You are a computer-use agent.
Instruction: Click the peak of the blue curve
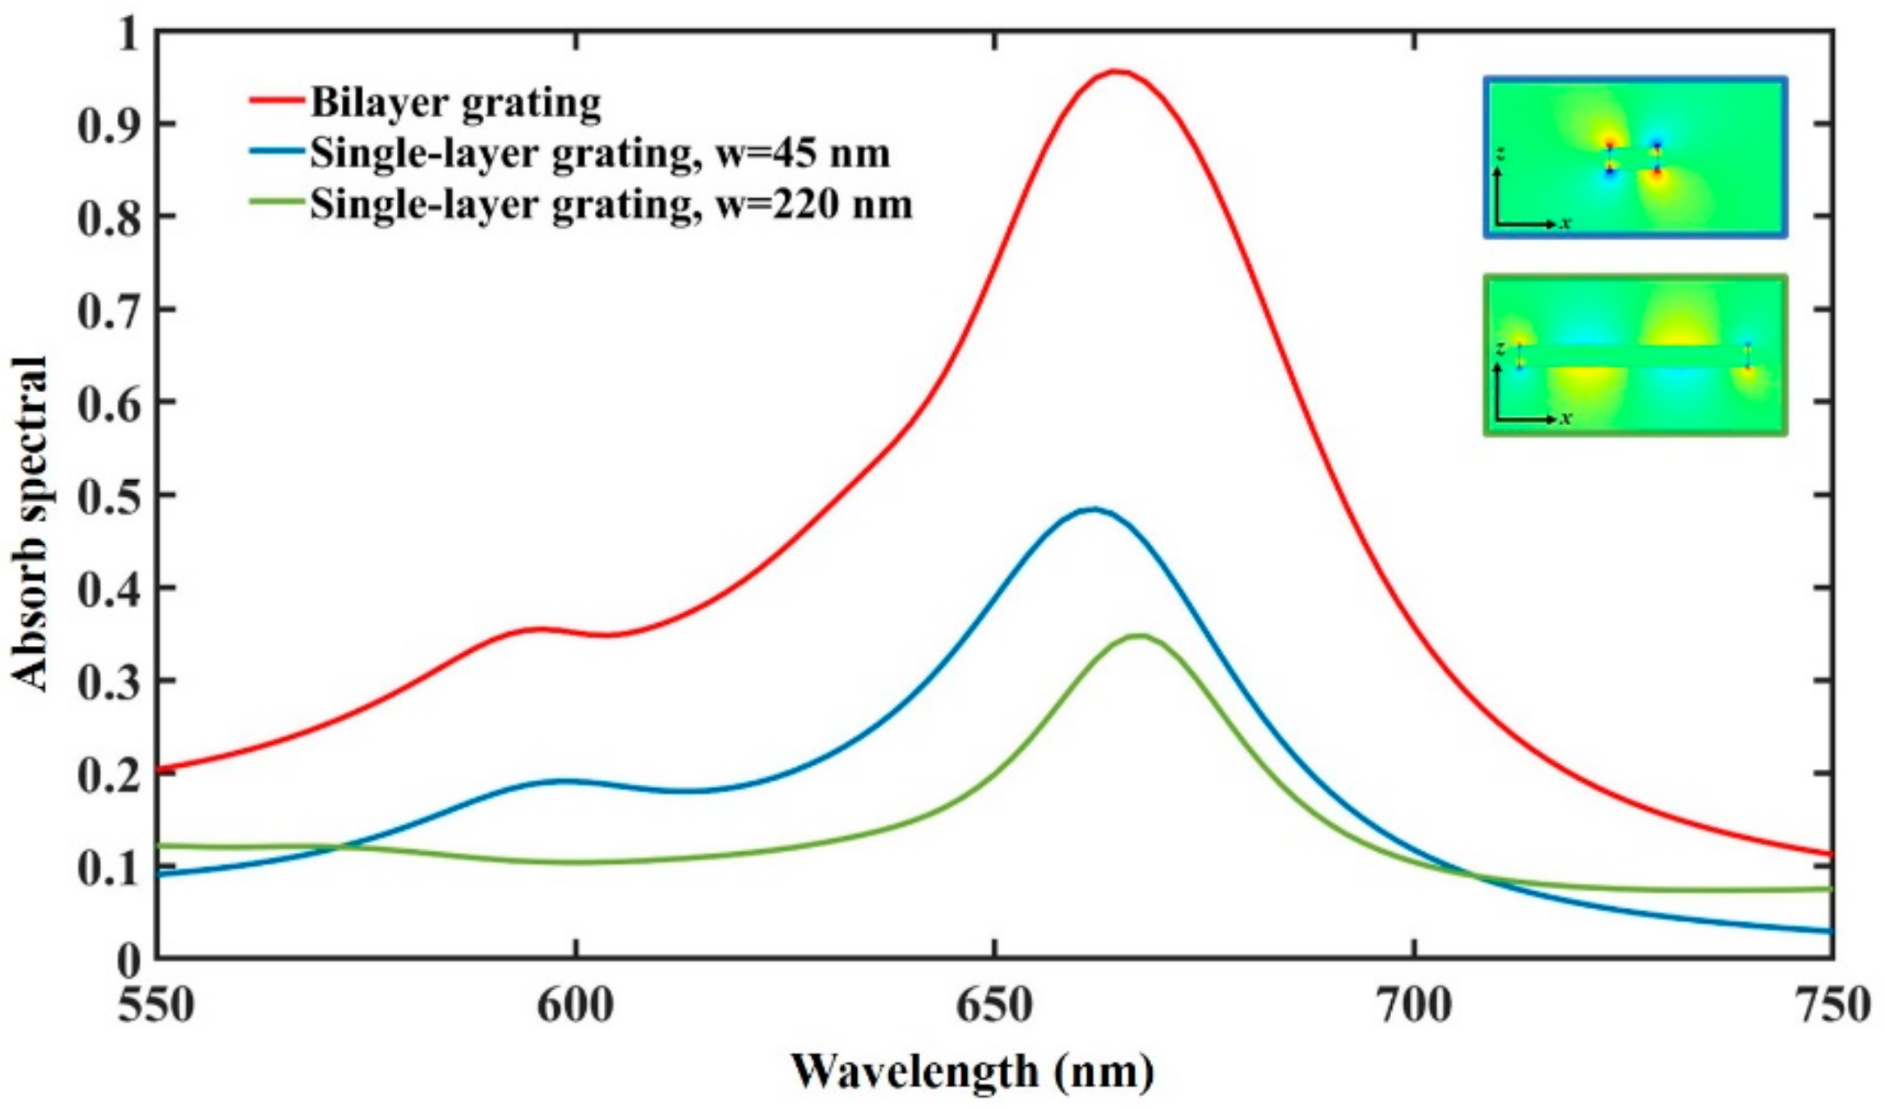[x=1093, y=509]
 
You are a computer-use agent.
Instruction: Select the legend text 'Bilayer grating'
[x=455, y=103]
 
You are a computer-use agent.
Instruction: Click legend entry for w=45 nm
[x=599, y=154]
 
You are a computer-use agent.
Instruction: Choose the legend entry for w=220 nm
[x=610, y=205]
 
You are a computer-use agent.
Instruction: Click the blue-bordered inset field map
[x=1634, y=158]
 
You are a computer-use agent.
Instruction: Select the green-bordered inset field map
[x=1634, y=356]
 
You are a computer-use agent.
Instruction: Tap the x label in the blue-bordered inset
[x=1566, y=223]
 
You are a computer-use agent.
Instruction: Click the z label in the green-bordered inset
[x=1500, y=348]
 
